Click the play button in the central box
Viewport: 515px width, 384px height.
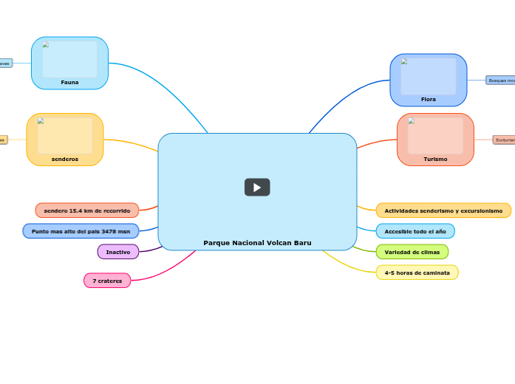(x=257, y=188)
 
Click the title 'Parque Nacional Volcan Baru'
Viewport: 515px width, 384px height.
(x=257, y=243)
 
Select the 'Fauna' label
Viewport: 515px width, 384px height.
(x=69, y=82)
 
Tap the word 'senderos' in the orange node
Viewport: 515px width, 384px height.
(x=65, y=159)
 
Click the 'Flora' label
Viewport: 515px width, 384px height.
(x=429, y=99)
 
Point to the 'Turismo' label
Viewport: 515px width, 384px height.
(x=435, y=159)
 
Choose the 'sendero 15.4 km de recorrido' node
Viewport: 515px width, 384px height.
(x=87, y=210)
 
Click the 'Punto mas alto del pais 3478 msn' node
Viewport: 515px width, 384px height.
(x=81, y=231)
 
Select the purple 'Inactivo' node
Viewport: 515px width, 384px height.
(x=118, y=252)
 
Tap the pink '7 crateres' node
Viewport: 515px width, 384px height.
(x=107, y=281)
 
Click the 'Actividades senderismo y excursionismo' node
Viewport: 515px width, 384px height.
(x=443, y=210)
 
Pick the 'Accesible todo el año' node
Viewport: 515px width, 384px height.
(x=415, y=231)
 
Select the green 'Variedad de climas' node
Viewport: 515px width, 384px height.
(x=412, y=252)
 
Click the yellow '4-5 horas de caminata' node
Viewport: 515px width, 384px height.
(x=417, y=272)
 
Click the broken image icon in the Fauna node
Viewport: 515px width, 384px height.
(x=46, y=44)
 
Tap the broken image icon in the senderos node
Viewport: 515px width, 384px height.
(x=41, y=121)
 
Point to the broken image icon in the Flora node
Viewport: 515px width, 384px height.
(x=404, y=61)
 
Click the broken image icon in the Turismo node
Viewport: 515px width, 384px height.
(x=411, y=121)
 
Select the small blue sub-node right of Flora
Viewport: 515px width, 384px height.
(x=500, y=80)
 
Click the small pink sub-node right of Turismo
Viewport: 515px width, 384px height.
(x=504, y=140)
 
